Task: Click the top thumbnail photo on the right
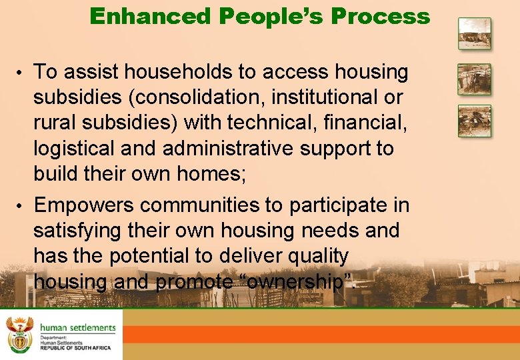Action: [x=474, y=33]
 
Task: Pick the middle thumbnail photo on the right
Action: [x=474, y=79]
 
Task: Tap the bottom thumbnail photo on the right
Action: [x=474, y=121]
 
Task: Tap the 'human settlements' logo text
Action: [x=77, y=327]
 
